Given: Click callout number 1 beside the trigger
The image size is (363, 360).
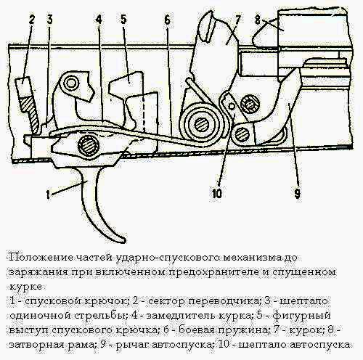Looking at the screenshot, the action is pyautogui.click(x=48, y=195).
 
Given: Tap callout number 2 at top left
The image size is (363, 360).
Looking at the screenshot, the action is pyautogui.click(x=32, y=20).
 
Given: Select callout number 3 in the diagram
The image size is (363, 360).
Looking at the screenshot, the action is pyautogui.click(x=49, y=20).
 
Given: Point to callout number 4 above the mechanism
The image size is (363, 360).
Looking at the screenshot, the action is pyautogui.click(x=99, y=20).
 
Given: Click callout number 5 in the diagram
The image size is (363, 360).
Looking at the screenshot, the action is pyautogui.click(x=123, y=20).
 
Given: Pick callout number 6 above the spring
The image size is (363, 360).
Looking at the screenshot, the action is pyautogui.click(x=168, y=20).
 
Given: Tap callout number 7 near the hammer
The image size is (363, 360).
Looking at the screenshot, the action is pyautogui.click(x=237, y=19).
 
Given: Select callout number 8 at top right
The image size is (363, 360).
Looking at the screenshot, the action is pyautogui.click(x=258, y=20).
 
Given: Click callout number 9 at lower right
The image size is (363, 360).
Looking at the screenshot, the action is pyautogui.click(x=298, y=193).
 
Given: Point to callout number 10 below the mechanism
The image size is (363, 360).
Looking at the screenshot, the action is pyautogui.click(x=217, y=193).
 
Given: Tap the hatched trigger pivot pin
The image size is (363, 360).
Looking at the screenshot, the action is pyautogui.click(x=89, y=146).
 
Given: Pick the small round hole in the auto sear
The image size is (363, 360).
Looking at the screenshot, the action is pyautogui.click(x=232, y=106).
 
